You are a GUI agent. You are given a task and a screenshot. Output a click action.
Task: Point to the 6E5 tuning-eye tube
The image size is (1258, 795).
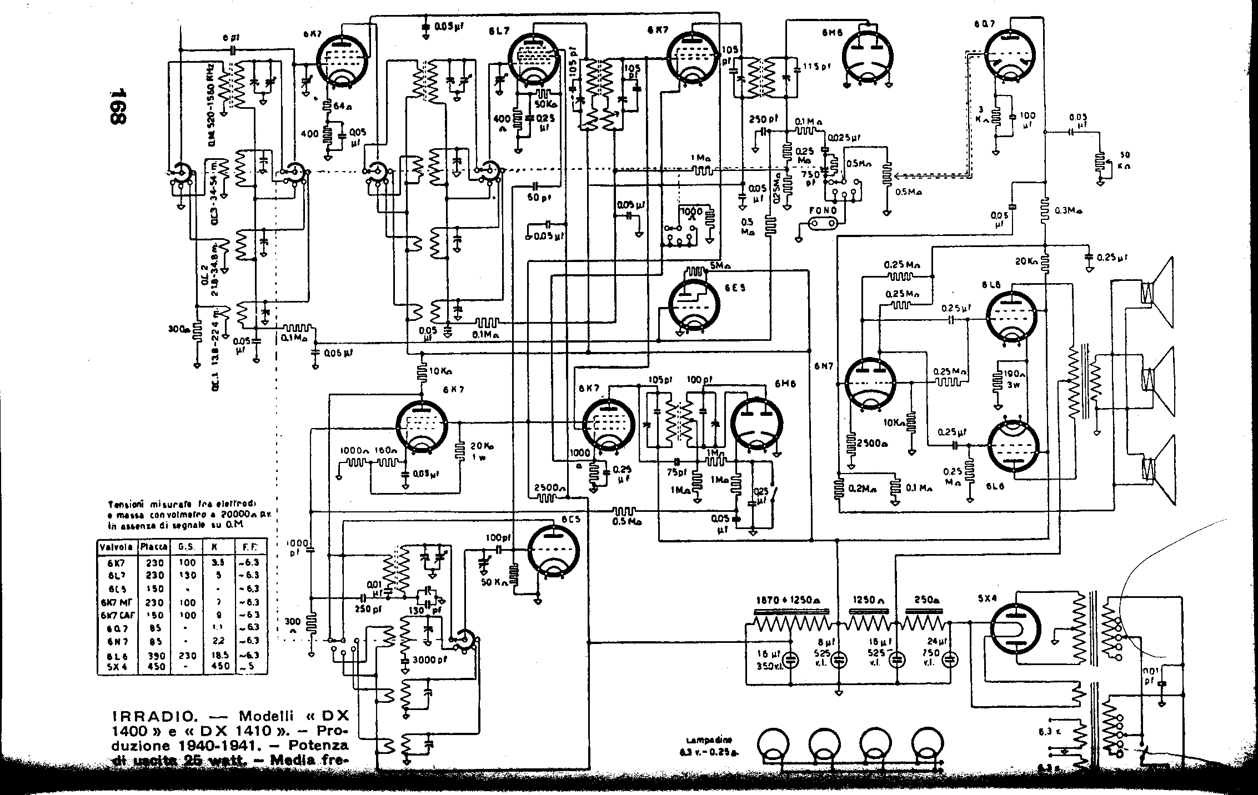(694, 304)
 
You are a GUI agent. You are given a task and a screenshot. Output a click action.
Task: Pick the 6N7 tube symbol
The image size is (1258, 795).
(870, 385)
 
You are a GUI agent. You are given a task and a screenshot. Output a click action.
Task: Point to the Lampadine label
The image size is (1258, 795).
(708, 740)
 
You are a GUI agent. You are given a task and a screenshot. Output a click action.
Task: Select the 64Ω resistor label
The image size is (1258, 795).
(339, 105)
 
